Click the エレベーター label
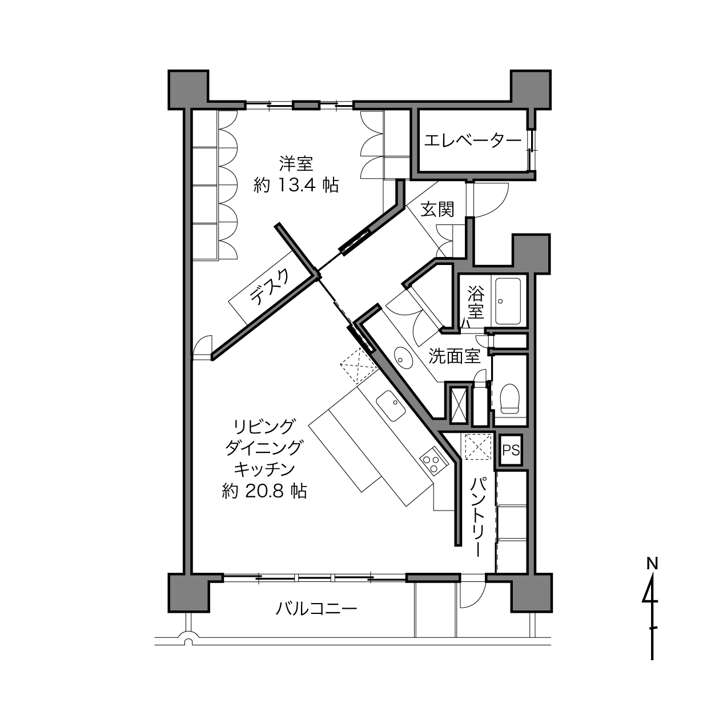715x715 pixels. [x=473, y=142]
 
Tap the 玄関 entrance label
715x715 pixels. [x=437, y=210]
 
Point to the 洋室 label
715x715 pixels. [x=296, y=164]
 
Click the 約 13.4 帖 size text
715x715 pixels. [x=296, y=185]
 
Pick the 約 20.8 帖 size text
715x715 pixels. [x=264, y=492]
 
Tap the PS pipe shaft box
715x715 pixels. [x=511, y=451]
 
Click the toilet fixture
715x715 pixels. [x=510, y=399]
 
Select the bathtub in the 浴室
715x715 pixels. [x=508, y=302]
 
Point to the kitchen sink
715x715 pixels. [x=390, y=405]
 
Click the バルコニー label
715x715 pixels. [x=316, y=609]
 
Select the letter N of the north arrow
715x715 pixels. [x=652, y=565]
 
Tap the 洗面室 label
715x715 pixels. [x=455, y=356]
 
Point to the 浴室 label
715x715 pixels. [x=476, y=302]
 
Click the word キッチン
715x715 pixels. [x=264, y=470]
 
